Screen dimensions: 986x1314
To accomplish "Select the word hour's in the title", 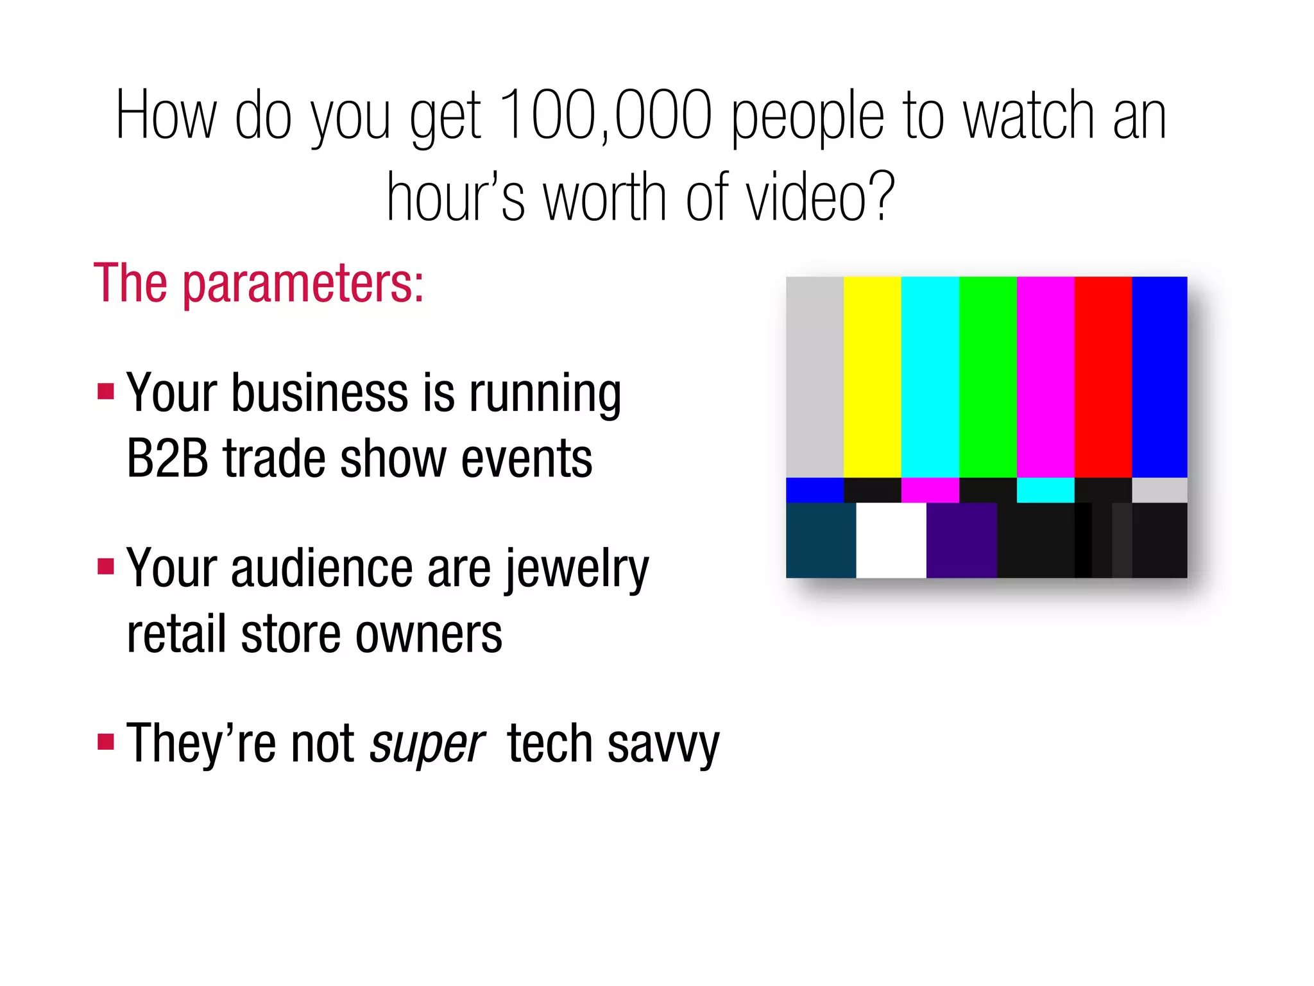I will pyautogui.click(x=456, y=197).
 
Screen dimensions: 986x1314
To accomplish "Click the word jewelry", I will pyautogui.click(x=577, y=569).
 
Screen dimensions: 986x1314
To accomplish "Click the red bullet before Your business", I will pyautogui.click(x=106, y=391).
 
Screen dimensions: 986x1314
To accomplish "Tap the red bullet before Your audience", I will pyautogui.click(x=106, y=566).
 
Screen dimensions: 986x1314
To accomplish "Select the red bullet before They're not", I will pyautogui.click(x=106, y=742).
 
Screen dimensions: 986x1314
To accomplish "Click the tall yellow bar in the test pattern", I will pyautogui.click(x=872, y=377).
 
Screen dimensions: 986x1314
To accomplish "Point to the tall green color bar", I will pyautogui.click(x=987, y=377).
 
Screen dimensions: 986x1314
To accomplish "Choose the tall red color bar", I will pyautogui.click(x=1103, y=377).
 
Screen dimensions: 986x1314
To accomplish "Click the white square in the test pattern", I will pyautogui.click(x=891, y=540).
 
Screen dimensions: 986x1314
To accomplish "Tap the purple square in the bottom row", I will pyautogui.click(x=961, y=540).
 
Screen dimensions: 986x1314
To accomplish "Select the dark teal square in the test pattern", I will pyautogui.click(x=821, y=540).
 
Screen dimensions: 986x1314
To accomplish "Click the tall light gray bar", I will pyautogui.click(x=814, y=377).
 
